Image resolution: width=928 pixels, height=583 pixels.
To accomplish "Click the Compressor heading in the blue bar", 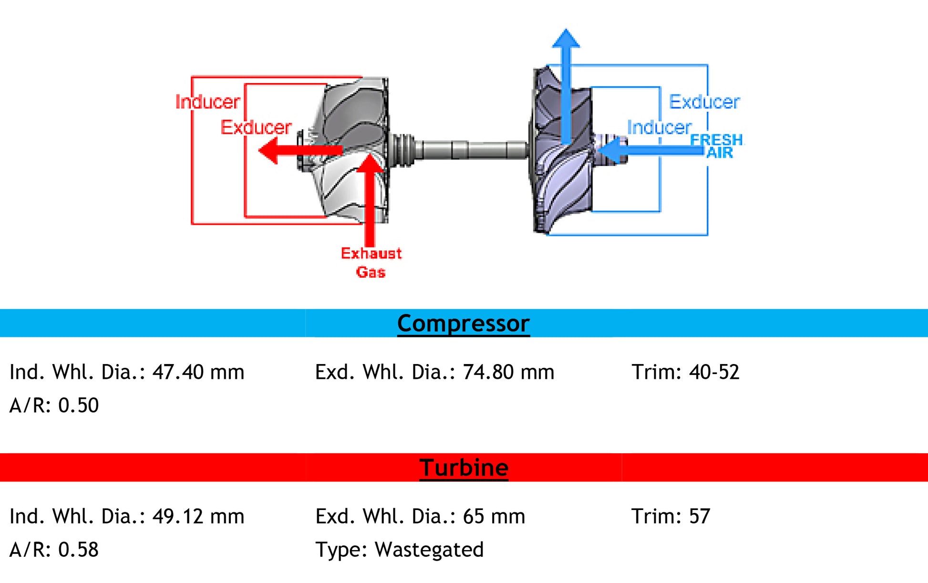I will pyautogui.click(x=463, y=323).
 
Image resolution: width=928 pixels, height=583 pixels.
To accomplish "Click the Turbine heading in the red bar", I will pyautogui.click(x=464, y=468).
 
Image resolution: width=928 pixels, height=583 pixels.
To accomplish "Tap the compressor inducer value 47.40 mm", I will pyautogui.click(x=198, y=372).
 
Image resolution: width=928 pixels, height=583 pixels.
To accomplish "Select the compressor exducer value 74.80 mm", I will pyautogui.click(x=508, y=372).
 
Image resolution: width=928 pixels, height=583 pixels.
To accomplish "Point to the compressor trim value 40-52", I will pyautogui.click(x=714, y=372).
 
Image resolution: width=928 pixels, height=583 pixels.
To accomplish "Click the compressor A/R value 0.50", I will pyautogui.click(x=78, y=406).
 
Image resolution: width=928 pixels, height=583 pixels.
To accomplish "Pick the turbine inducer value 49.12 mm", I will pyautogui.click(x=198, y=516).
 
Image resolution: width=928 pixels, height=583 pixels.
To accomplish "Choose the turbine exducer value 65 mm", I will pyautogui.click(x=494, y=516).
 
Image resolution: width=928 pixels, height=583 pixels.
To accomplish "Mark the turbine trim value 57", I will pyautogui.click(x=700, y=516).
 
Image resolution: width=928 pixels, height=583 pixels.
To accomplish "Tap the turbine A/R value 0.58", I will pyautogui.click(x=78, y=550).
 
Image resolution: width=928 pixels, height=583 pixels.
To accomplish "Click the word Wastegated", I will pyautogui.click(x=429, y=550).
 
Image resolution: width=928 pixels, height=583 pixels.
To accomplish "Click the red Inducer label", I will pyautogui.click(x=207, y=102).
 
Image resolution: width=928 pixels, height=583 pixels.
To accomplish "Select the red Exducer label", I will pyautogui.click(x=256, y=127).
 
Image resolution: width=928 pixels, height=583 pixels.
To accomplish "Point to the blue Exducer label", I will pyautogui.click(x=704, y=102).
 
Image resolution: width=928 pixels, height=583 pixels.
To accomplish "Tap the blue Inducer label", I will pyautogui.click(x=659, y=127).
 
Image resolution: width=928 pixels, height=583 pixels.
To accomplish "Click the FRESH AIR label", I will pyautogui.click(x=717, y=146).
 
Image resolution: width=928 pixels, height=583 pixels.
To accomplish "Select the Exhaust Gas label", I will pyautogui.click(x=371, y=262).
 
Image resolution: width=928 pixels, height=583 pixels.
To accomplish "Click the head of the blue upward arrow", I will pyautogui.click(x=566, y=38).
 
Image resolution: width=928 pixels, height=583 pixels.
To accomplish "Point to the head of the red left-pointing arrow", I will pyautogui.click(x=268, y=150).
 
